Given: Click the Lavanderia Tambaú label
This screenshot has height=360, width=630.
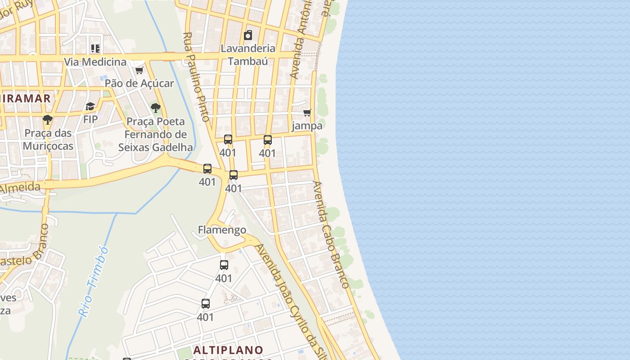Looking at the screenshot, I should (x=248, y=54).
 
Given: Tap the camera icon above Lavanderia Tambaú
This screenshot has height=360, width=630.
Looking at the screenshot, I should (x=248, y=35).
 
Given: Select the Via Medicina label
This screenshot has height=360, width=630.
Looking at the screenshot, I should (x=95, y=62).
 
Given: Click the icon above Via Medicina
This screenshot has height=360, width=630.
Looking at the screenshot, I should (x=95, y=48).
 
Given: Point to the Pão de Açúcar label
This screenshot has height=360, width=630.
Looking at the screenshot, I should (x=139, y=83).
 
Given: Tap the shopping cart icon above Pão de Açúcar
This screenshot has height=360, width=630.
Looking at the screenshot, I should (x=139, y=70).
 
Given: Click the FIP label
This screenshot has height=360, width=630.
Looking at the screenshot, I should (x=90, y=119).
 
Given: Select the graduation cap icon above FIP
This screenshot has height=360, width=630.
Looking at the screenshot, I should (x=90, y=106).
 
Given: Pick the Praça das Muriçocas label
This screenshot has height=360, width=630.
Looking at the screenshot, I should (x=48, y=139).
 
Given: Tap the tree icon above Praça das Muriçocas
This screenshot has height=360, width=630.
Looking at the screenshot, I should (x=48, y=120).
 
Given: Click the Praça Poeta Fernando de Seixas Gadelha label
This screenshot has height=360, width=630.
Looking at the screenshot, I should (x=156, y=134).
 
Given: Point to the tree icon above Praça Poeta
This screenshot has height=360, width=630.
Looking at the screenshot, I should (x=156, y=108).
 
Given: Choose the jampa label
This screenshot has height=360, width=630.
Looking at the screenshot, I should (x=307, y=126).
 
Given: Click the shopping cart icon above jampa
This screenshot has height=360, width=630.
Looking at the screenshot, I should (x=307, y=112).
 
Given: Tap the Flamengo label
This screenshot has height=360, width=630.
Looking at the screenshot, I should (x=222, y=230).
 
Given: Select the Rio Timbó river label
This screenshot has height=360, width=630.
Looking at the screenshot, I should (x=94, y=282).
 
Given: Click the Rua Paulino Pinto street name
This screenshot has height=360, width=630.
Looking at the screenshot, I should (x=197, y=76).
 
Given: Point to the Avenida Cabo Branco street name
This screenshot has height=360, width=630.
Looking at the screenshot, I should (x=331, y=234).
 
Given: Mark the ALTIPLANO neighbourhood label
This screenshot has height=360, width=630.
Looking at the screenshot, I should (x=228, y=350).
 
